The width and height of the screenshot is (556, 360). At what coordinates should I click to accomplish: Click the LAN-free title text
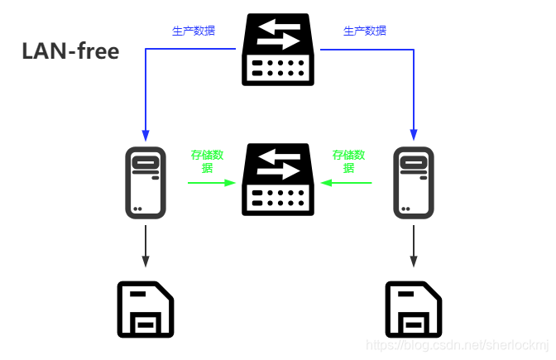70,51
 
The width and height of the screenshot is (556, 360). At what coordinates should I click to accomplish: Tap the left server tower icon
146,183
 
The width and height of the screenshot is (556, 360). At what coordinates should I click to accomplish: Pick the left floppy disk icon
146,309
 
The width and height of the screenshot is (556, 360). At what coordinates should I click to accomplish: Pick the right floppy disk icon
413,309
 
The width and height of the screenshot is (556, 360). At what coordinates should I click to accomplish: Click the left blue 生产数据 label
193,31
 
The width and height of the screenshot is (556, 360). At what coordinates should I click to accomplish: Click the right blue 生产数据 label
365,31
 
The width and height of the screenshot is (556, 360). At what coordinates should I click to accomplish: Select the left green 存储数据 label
207,161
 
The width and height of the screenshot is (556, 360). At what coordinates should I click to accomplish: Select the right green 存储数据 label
348,161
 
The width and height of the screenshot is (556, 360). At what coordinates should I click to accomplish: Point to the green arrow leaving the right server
347,182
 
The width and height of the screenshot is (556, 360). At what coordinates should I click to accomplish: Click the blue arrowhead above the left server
146,135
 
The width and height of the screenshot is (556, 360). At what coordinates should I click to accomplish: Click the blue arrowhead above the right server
413,135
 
